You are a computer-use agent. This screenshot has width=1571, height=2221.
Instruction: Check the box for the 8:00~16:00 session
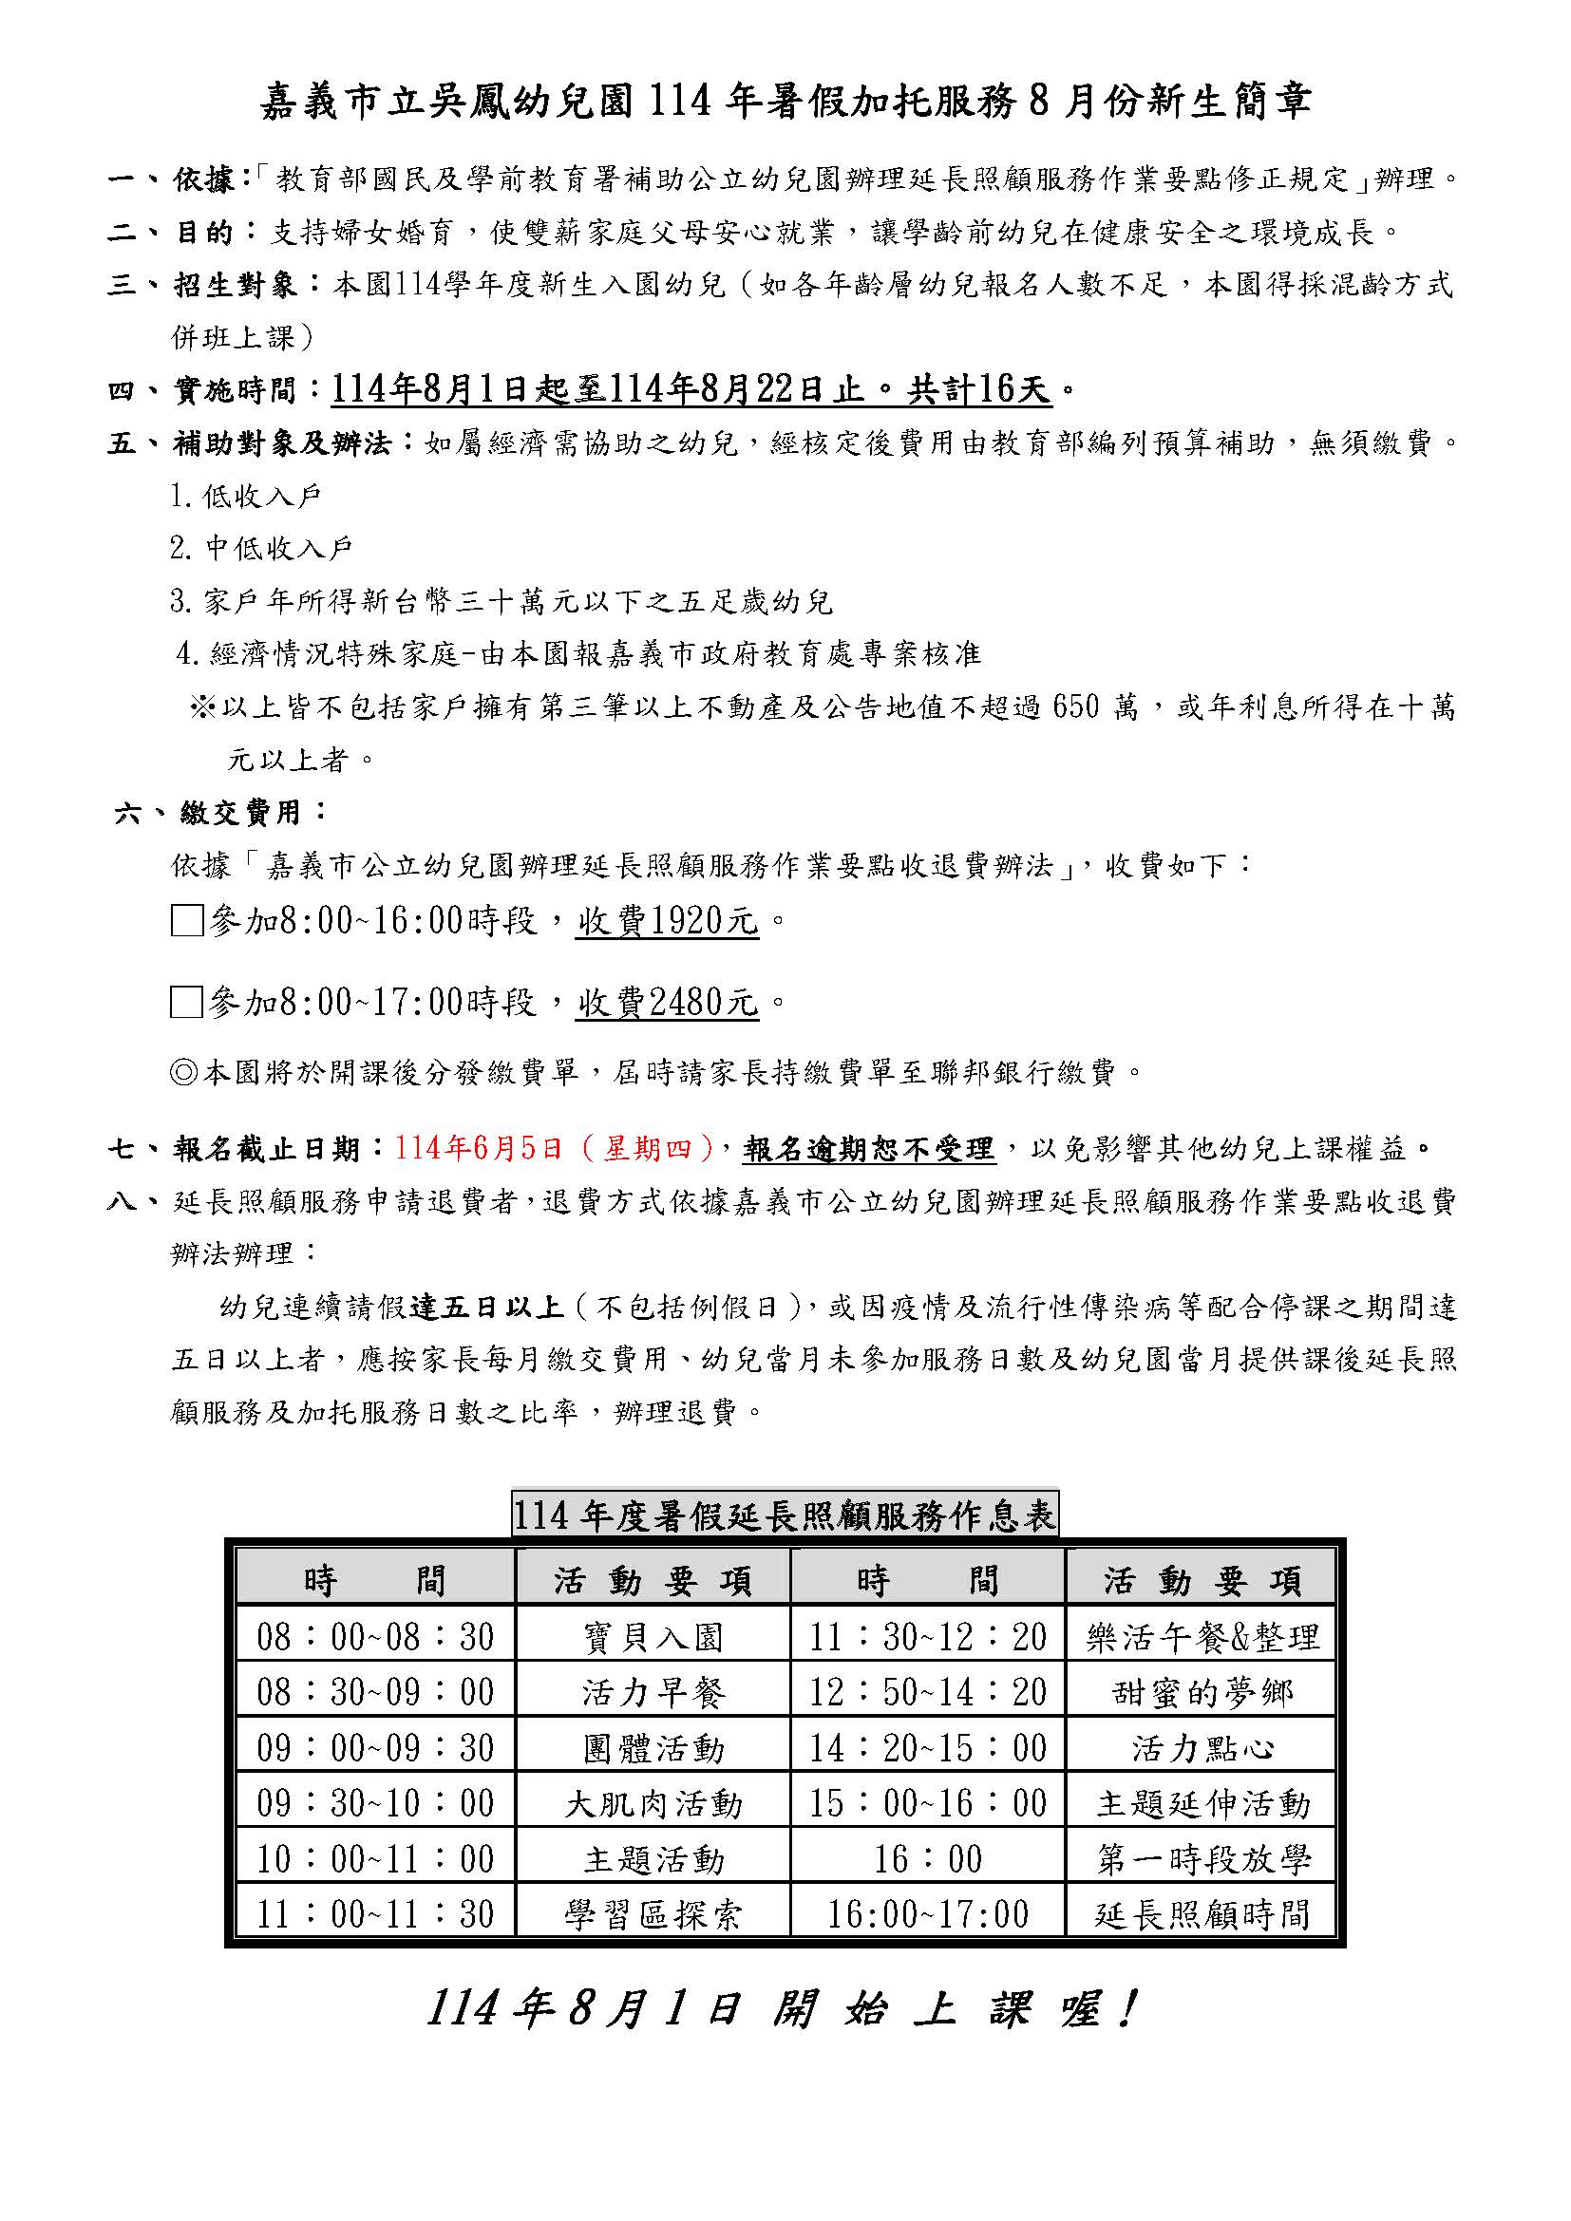point(187,920)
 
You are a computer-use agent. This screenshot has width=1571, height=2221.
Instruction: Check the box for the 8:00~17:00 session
point(187,1002)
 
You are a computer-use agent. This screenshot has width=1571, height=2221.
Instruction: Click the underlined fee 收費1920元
point(668,921)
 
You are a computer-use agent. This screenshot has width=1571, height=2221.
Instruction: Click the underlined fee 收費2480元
point(668,1003)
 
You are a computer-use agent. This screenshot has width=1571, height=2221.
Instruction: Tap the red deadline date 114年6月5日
point(478,1148)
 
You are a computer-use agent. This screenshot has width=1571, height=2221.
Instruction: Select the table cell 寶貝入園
point(653,1638)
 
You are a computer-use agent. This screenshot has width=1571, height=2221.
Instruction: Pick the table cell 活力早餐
point(653,1693)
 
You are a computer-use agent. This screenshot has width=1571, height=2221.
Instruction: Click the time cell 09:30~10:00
point(375,1804)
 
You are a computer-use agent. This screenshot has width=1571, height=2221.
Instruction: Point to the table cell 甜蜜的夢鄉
point(1202,1693)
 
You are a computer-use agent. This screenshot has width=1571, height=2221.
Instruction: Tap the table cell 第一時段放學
point(1202,1859)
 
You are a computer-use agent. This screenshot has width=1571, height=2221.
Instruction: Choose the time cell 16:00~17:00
point(928,1914)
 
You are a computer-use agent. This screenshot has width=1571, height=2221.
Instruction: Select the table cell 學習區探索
point(653,1914)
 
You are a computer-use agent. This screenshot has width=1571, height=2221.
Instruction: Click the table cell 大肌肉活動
point(653,1804)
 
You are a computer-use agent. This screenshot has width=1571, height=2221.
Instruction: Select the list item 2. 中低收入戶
point(261,550)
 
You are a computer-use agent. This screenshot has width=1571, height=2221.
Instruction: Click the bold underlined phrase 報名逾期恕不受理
point(869,1149)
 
